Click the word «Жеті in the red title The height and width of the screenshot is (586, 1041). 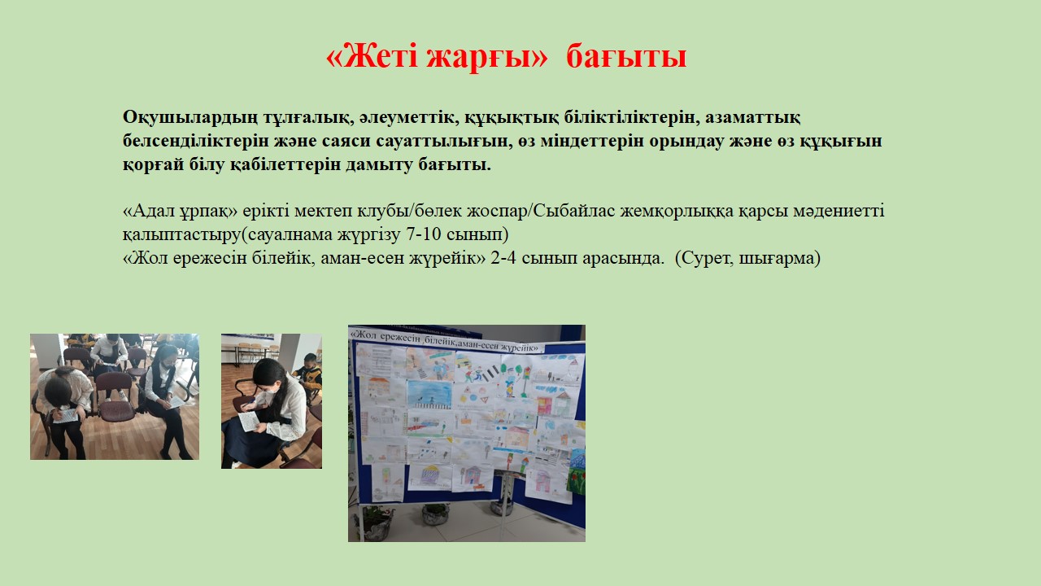coord(372,57)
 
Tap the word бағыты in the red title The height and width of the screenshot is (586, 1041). coord(626,57)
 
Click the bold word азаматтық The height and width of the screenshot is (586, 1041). coord(753,118)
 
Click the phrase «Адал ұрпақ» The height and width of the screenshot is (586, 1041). coord(181,211)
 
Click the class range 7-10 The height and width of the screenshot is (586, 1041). coord(424,234)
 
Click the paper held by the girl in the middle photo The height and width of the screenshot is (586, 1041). coord(249,421)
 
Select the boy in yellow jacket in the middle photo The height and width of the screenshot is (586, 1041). coord(308,374)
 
